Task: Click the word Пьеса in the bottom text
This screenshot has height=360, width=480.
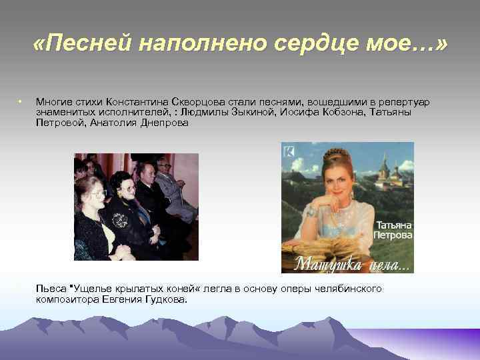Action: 51,289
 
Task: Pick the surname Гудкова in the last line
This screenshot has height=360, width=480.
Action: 165,299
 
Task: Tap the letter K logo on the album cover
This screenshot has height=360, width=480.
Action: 288,150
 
